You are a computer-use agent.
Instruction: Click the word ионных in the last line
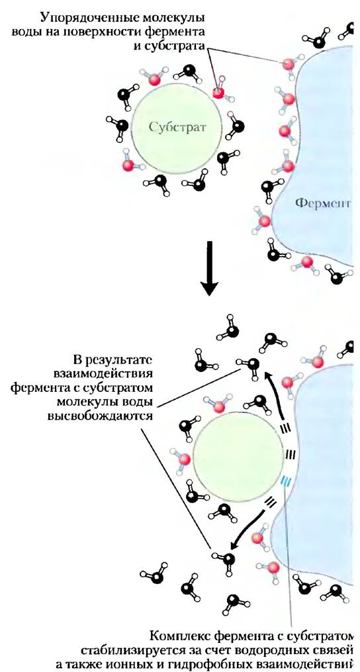(x=137, y=662)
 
